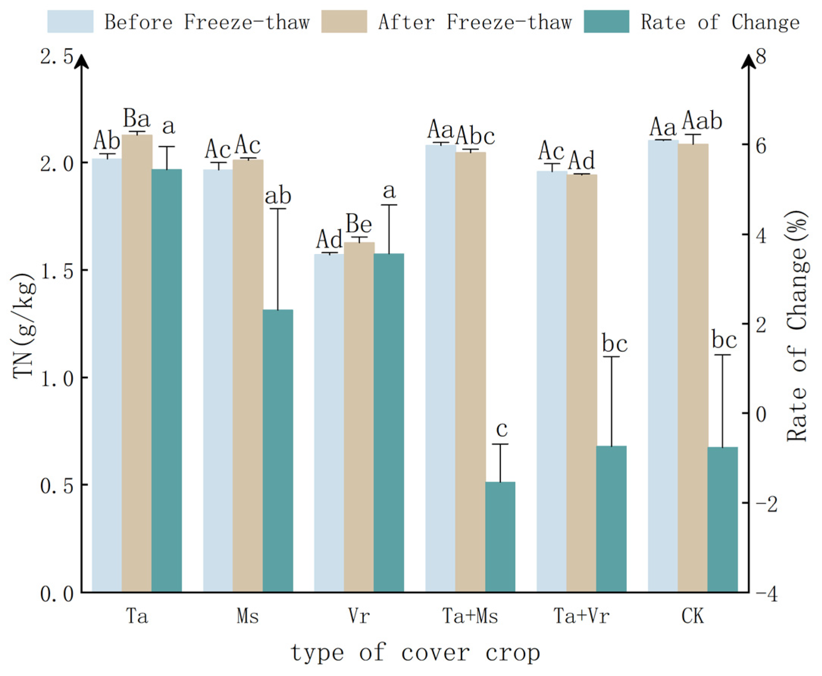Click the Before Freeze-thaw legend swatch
[x=70, y=22]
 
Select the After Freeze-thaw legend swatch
[x=344, y=22]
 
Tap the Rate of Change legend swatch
[x=606, y=22]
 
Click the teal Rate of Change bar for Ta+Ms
[x=500, y=537]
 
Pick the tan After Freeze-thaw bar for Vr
[x=359, y=417]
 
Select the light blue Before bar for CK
[x=663, y=366]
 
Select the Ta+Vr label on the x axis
[x=581, y=617]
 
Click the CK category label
[x=693, y=617]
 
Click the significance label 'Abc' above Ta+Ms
[x=475, y=136]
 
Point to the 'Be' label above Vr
[x=359, y=224]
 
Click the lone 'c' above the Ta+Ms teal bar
[x=502, y=429]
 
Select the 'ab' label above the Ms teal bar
[x=278, y=196]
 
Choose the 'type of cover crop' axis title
[x=415, y=653]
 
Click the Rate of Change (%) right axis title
[x=797, y=326]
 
